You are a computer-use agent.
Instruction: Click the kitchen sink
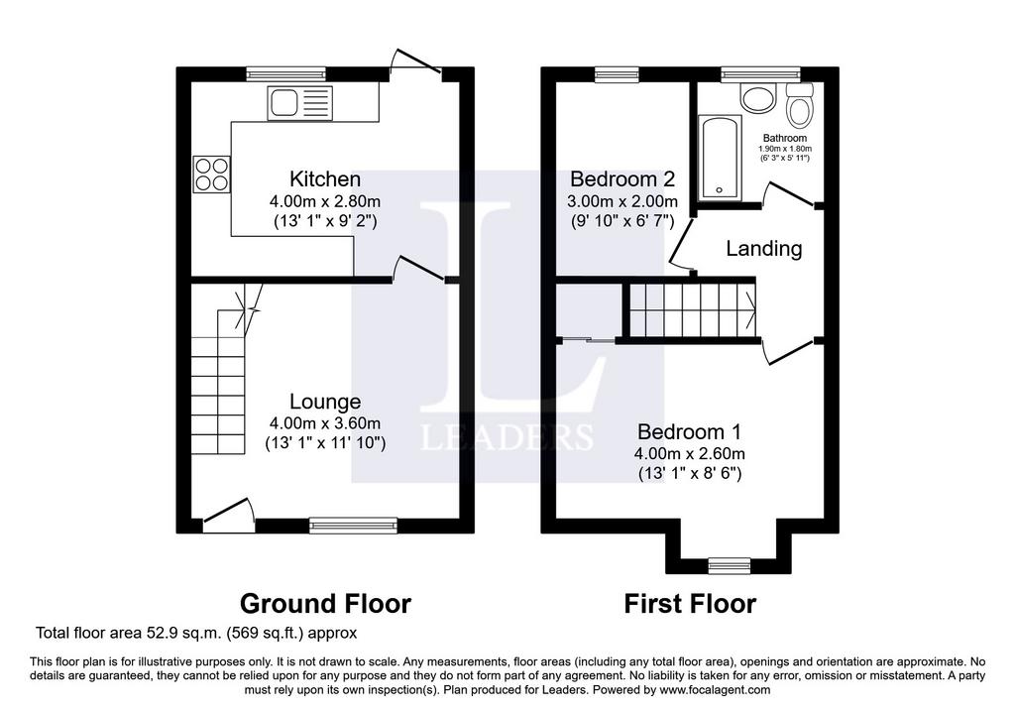pyautogui.click(x=299, y=103)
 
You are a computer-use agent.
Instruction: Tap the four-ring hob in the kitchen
pyautogui.click(x=211, y=175)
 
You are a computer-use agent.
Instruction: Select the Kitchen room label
pyautogui.click(x=325, y=178)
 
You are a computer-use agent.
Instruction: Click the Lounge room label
pyautogui.click(x=325, y=402)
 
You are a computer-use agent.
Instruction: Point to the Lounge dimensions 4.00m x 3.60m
pyautogui.click(x=325, y=423)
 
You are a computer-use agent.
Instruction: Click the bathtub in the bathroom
pyautogui.click(x=720, y=157)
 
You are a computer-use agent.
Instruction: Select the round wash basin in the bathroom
pyautogui.click(x=758, y=99)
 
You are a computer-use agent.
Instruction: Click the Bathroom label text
pyautogui.click(x=785, y=138)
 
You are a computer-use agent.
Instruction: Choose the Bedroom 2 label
pyautogui.click(x=622, y=178)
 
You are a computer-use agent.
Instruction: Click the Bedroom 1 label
pyautogui.click(x=690, y=432)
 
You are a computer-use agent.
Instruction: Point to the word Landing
pyautogui.click(x=764, y=249)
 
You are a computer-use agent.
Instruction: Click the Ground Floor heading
pyautogui.click(x=325, y=604)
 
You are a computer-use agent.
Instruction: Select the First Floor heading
pyautogui.click(x=690, y=604)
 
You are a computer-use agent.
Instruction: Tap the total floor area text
pyautogui.click(x=196, y=633)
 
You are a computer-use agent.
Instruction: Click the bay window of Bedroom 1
pyautogui.click(x=730, y=565)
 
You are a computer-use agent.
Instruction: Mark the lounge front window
pyautogui.click(x=354, y=526)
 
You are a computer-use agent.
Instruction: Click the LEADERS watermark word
pyautogui.click(x=507, y=437)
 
